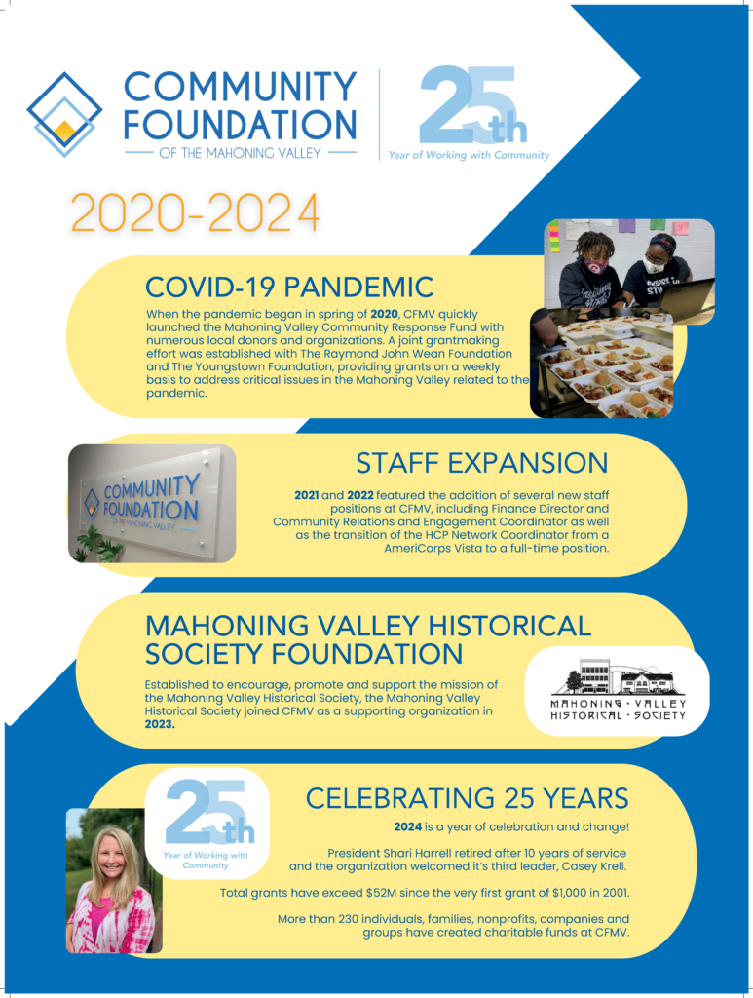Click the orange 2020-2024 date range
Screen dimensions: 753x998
coord(195,211)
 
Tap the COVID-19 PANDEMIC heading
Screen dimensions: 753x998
coord(289,288)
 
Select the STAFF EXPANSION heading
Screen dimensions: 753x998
coord(482,463)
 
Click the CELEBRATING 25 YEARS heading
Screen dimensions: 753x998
coord(467,798)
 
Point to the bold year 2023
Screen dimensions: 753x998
coord(160,724)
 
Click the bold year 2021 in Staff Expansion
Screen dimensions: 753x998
coord(307,494)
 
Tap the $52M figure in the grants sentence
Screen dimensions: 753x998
coord(381,893)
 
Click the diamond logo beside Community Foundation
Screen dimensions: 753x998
coord(64,115)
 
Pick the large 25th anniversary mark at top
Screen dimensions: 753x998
coord(473,104)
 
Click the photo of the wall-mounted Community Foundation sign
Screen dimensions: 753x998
coord(152,504)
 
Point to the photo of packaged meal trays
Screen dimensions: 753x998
coord(602,363)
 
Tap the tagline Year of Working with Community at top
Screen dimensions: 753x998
coord(469,155)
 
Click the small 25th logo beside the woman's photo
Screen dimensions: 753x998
coord(207,824)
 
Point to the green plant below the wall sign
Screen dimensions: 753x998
coord(101,545)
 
